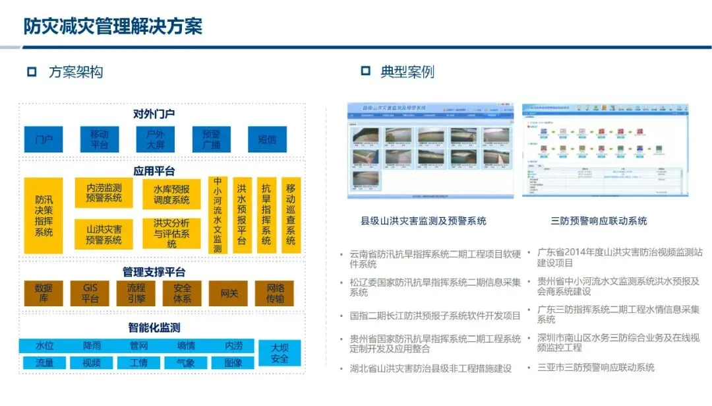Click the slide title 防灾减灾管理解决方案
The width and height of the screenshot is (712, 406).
(113, 26)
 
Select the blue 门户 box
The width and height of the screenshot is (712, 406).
(44, 139)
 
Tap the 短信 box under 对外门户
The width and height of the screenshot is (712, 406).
(267, 139)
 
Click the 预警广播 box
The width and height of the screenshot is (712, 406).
(211, 139)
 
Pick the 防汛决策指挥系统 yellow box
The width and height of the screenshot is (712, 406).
(44, 215)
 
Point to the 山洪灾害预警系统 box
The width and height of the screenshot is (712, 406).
(104, 234)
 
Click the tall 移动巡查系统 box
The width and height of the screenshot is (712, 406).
(291, 215)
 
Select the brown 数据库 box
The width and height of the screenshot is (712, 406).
(44, 293)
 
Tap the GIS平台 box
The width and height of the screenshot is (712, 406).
(90, 293)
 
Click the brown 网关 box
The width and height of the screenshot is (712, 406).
(229, 293)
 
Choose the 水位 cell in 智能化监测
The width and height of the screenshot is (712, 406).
(44, 345)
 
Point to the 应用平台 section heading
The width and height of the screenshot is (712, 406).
(154, 171)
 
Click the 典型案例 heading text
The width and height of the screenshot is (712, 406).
(407, 71)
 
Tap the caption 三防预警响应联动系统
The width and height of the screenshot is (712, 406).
(599, 220)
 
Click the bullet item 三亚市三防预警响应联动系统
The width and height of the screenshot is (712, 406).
(596, 367)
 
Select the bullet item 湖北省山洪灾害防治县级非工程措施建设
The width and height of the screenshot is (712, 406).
(430, 368)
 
